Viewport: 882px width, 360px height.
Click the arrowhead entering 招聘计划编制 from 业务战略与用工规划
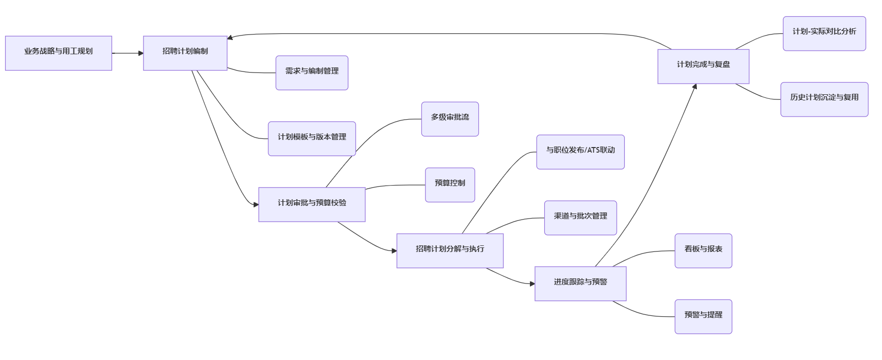click(140, 53)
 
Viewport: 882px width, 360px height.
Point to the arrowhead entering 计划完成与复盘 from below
click(695, 87)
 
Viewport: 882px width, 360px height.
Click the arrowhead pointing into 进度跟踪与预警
click(532, 283)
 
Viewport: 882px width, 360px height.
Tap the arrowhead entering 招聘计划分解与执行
click(394, 250)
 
